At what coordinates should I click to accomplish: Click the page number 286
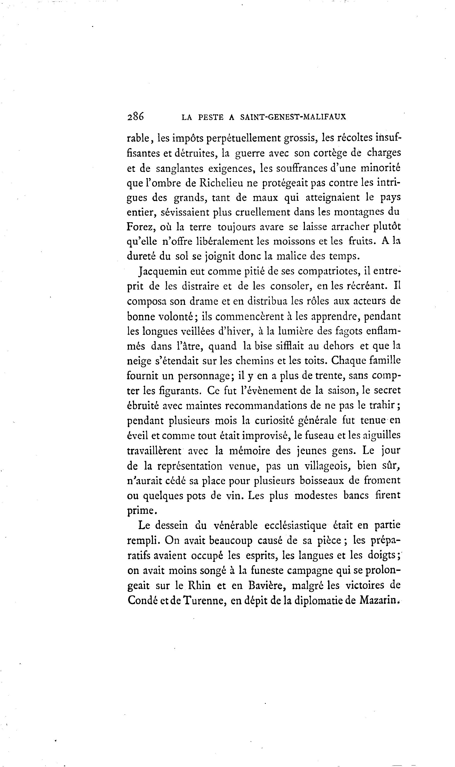(x=135, y=117)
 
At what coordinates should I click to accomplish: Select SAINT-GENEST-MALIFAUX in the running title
(x=293, y=117)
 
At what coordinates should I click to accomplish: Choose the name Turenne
(x=205, y=600)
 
